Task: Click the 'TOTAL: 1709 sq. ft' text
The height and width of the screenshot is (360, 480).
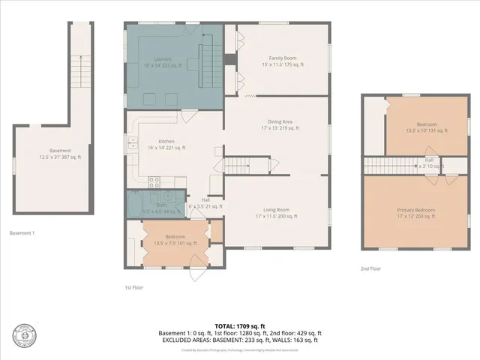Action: pyautogui.click(x=240, y=326)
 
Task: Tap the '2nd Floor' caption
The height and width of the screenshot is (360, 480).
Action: pyautogui.click(x=371, y=268)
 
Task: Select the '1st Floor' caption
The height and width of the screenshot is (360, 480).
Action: pyautogui.click(x=135, y=287)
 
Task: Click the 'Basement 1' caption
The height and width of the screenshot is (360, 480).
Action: pyautogui.click(x=22, y=232)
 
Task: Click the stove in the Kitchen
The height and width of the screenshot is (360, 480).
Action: pyautogui.click(x=156, y=181)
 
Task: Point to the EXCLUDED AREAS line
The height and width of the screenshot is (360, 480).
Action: pyautogui.click(x=240, y=340)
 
